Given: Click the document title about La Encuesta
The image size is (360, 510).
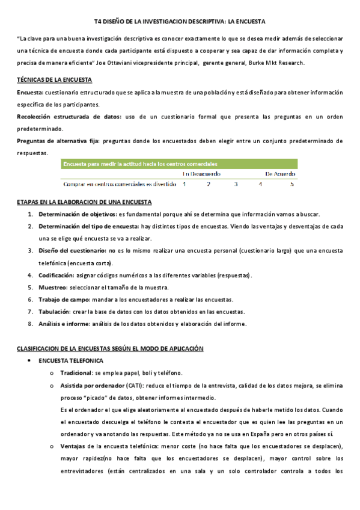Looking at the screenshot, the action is point(180,20).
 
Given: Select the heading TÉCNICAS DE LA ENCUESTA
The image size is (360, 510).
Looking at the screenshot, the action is point(54,80).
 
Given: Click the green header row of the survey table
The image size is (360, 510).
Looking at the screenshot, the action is point(179,163).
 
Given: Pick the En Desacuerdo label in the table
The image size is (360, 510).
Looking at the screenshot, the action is point(201,174).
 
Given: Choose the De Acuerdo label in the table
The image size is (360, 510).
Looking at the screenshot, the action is point(280,174).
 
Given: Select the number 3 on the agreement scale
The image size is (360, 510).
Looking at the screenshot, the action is point(236,184).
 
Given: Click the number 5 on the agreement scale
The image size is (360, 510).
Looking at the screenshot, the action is point(291,184).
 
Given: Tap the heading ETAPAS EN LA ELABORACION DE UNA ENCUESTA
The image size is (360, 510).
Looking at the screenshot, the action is point(84,202).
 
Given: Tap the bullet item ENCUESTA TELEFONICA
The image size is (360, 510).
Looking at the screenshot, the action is point(70,361).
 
